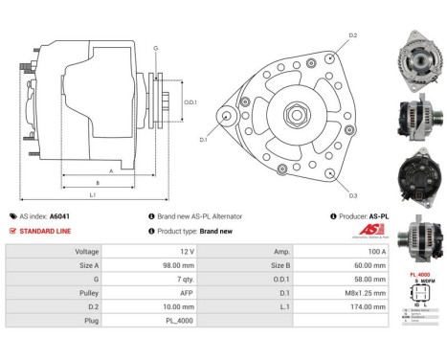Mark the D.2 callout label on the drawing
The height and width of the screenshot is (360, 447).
(x=353, y=35)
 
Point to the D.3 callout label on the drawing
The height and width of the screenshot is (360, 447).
(x=353, y=195)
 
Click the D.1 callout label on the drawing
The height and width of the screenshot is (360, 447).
(x=203, y=140)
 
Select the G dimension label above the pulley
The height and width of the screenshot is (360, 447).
(x=156, y=46)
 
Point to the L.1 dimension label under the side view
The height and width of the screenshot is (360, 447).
(x=92, y=195)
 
